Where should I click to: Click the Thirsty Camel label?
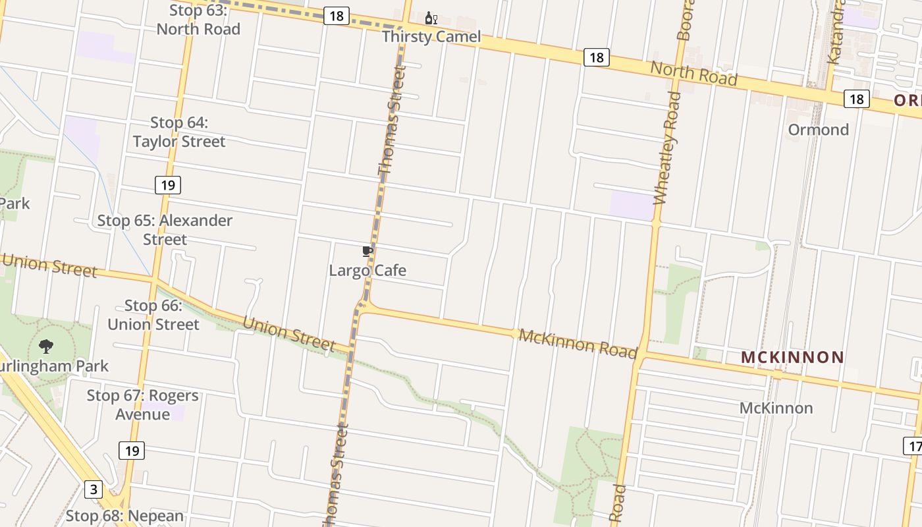click(431, 37)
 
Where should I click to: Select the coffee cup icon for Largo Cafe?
click(367, 251)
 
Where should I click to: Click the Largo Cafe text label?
click(367, 270)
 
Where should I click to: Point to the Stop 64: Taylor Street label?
click(179, 132)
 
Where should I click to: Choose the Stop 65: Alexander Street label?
click(165, 229)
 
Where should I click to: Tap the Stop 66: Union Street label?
click(153, 315)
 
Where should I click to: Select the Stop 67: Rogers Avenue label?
click(143, 404)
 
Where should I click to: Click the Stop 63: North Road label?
click(198, 20)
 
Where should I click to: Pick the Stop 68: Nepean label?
click(124, 516)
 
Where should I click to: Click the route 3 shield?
click(94, 489)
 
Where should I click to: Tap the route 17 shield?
click(913, 446)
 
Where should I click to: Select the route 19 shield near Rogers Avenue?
click(132, 451)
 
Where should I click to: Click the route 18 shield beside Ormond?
click(856, 99)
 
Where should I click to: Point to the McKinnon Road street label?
click(578, 343)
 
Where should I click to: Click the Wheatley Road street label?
click(666, 148)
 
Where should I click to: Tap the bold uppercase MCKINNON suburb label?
click(792, 358)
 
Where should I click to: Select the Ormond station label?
click(818, 129)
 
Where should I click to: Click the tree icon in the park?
click(46, 346)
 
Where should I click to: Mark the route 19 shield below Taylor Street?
click(168, 185)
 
